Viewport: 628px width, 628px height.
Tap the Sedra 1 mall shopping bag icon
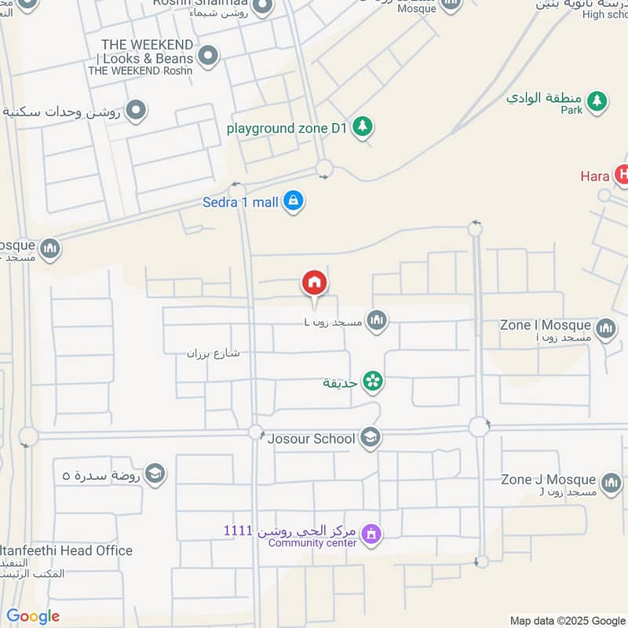click(x=294, y=202)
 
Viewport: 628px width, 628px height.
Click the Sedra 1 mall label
click(x=240, y=203)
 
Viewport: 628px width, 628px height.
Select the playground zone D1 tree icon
click(x=362, y=126)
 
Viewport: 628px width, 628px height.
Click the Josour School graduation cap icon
click(x=370, y=439)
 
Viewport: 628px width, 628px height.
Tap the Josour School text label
click(x=312, y=439)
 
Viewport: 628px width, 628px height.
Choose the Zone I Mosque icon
click(x=605, y=328)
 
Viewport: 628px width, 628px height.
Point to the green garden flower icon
click(x=373, y=382)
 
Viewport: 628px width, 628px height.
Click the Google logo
click(x=33, y=616)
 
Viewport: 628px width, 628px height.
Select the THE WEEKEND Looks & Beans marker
click(x=208, y=56)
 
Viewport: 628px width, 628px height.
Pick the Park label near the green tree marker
click(x=571, y=111)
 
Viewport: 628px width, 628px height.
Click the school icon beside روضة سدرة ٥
click(x=155, y=473)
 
